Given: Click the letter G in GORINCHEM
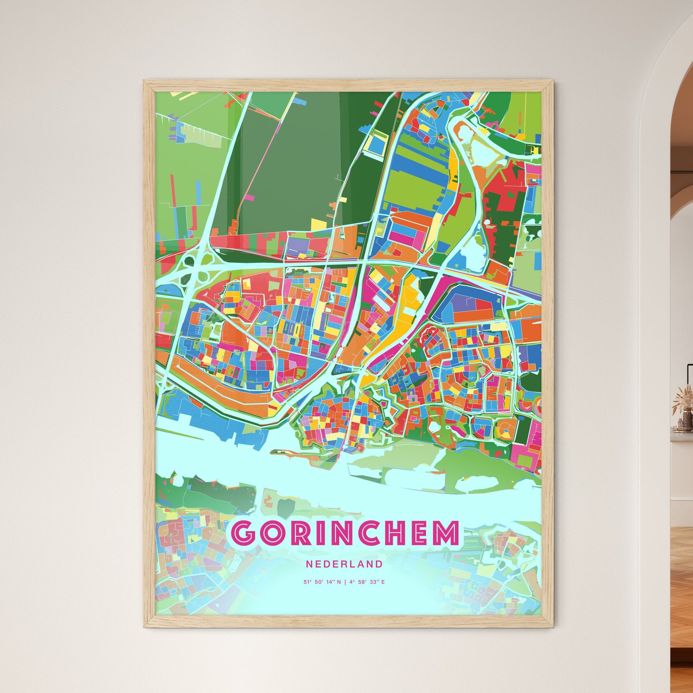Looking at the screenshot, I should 244,543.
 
